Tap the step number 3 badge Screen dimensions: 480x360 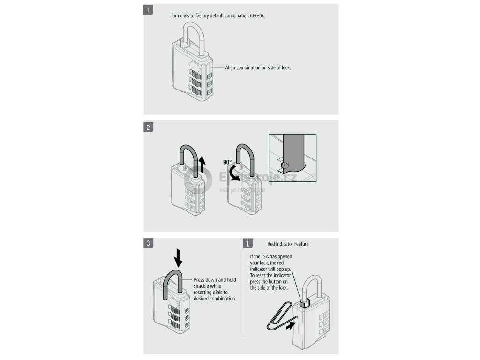pos(148,243)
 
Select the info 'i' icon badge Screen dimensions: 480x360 pos(248,243)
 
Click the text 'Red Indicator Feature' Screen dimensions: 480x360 pos(288,244)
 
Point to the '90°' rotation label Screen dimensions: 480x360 pos(228,162)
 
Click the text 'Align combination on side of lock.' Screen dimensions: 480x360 pos(258,68)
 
